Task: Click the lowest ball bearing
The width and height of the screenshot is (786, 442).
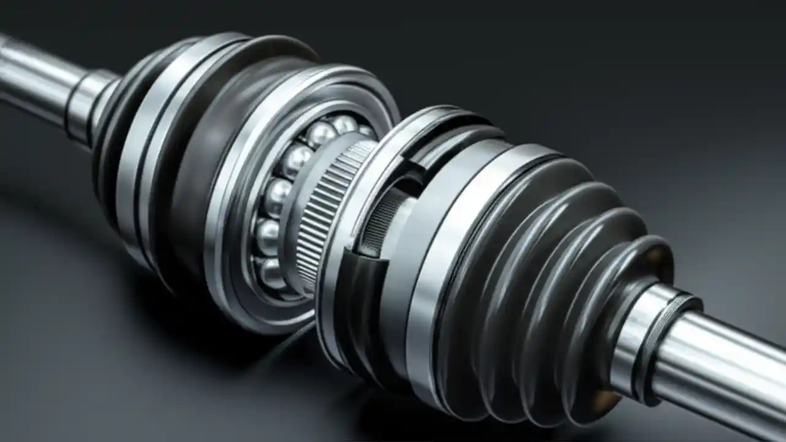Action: [271, 273]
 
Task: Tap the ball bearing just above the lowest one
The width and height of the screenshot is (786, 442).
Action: [268, 237]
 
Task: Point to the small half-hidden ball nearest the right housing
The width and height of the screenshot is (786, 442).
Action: [367, 131]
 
